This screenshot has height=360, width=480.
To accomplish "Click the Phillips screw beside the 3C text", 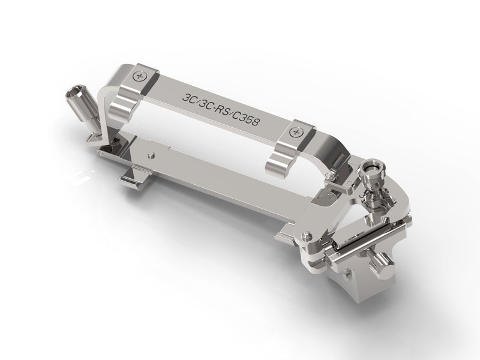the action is click(140, 76).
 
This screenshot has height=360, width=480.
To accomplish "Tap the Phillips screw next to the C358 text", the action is click(296, 132).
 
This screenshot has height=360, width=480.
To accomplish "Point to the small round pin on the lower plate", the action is click(151, 156).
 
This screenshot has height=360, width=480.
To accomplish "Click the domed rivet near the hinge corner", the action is click(305, 235).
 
